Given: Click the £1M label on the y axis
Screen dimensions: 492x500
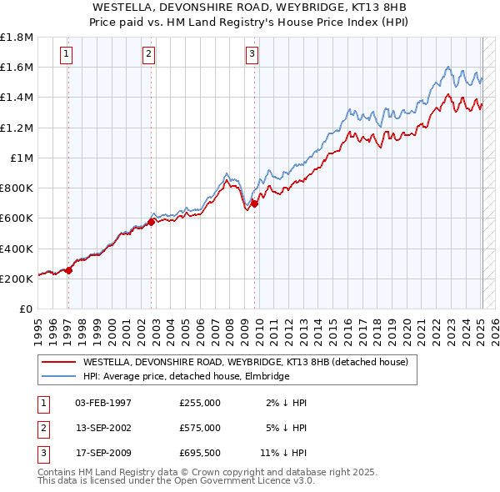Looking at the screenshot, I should click(22, 158).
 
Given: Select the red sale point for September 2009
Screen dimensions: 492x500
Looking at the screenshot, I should click(255, 203).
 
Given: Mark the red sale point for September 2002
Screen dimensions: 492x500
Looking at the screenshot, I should click(152, 222).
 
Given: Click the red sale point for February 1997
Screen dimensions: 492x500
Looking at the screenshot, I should click(69, 270).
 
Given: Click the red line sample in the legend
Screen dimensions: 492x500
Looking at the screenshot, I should click(59, 363).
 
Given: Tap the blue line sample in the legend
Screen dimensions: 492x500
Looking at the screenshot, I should click(59, 377).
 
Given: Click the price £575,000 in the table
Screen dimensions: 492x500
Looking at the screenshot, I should click(200, 427).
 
